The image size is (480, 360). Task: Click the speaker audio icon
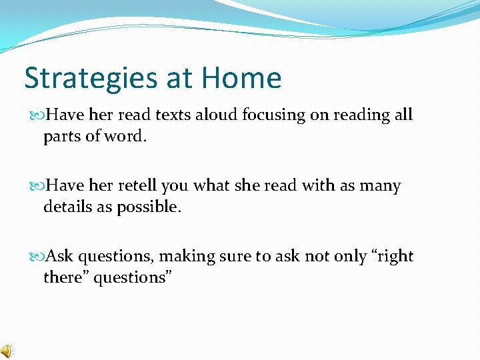pos(6,351)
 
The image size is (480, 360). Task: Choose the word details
pos(69,207)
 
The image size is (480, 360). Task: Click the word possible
pos(149,207)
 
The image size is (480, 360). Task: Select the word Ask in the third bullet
pos(60,256)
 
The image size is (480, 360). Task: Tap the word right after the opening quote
pos(395,257)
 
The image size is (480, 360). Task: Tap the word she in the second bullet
pos(247,185)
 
